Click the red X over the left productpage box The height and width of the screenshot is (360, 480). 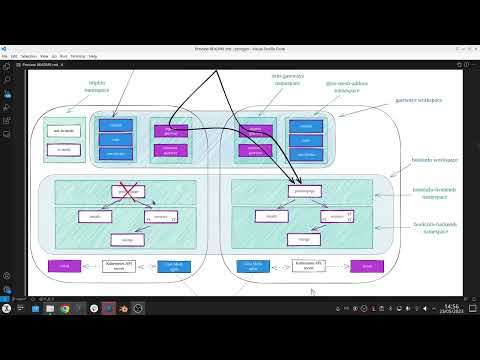pos(127,190)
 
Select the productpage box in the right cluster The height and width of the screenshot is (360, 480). pos(303,190)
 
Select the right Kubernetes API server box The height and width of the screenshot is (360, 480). pos(305,266)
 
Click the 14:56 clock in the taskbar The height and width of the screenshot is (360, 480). pos(451,306)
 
